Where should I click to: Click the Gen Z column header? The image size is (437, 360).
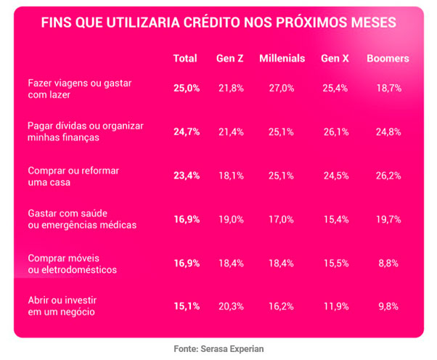pyautogui.click(x=229, y=58)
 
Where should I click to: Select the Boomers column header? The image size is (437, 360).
pyautogui.click(x=388, y=58)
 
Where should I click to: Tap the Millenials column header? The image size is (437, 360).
pyautogui.click(x=282, y=58)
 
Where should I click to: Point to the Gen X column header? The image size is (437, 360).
pyautogui.click(x=335, y=58)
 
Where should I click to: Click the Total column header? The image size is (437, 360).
pyautogui.click(x=185, y=58)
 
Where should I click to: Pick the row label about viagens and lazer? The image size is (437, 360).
pyautogui.click(x=75, y=89)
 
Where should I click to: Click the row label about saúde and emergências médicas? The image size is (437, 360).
pyautogui.click(x=81, y=218)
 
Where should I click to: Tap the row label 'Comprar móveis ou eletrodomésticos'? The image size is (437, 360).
pyautogui.click(x=72, y=263)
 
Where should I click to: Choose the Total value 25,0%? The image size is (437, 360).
pyautogui.click(x=186, y=88)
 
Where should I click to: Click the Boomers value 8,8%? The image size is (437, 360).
pyautogui.click(x=388, y=263)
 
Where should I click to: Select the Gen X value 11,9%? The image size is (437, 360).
pyautogui.click(x=335, y=306)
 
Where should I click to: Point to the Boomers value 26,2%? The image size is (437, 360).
pyautogui.click(x=388, y=175)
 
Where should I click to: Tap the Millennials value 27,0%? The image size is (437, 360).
pyautogui.click(x=282, y=88)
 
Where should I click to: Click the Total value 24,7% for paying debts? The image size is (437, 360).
pyautogui.click(x=186, y=131)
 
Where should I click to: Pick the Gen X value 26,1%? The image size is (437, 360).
pyautogui.click(x=335, y=131)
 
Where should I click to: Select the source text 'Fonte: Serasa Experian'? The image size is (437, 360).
pyautogui.click(x=218, y=349)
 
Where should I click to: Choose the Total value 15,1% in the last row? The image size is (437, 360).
pyautogui.click(x=186, y=306)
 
